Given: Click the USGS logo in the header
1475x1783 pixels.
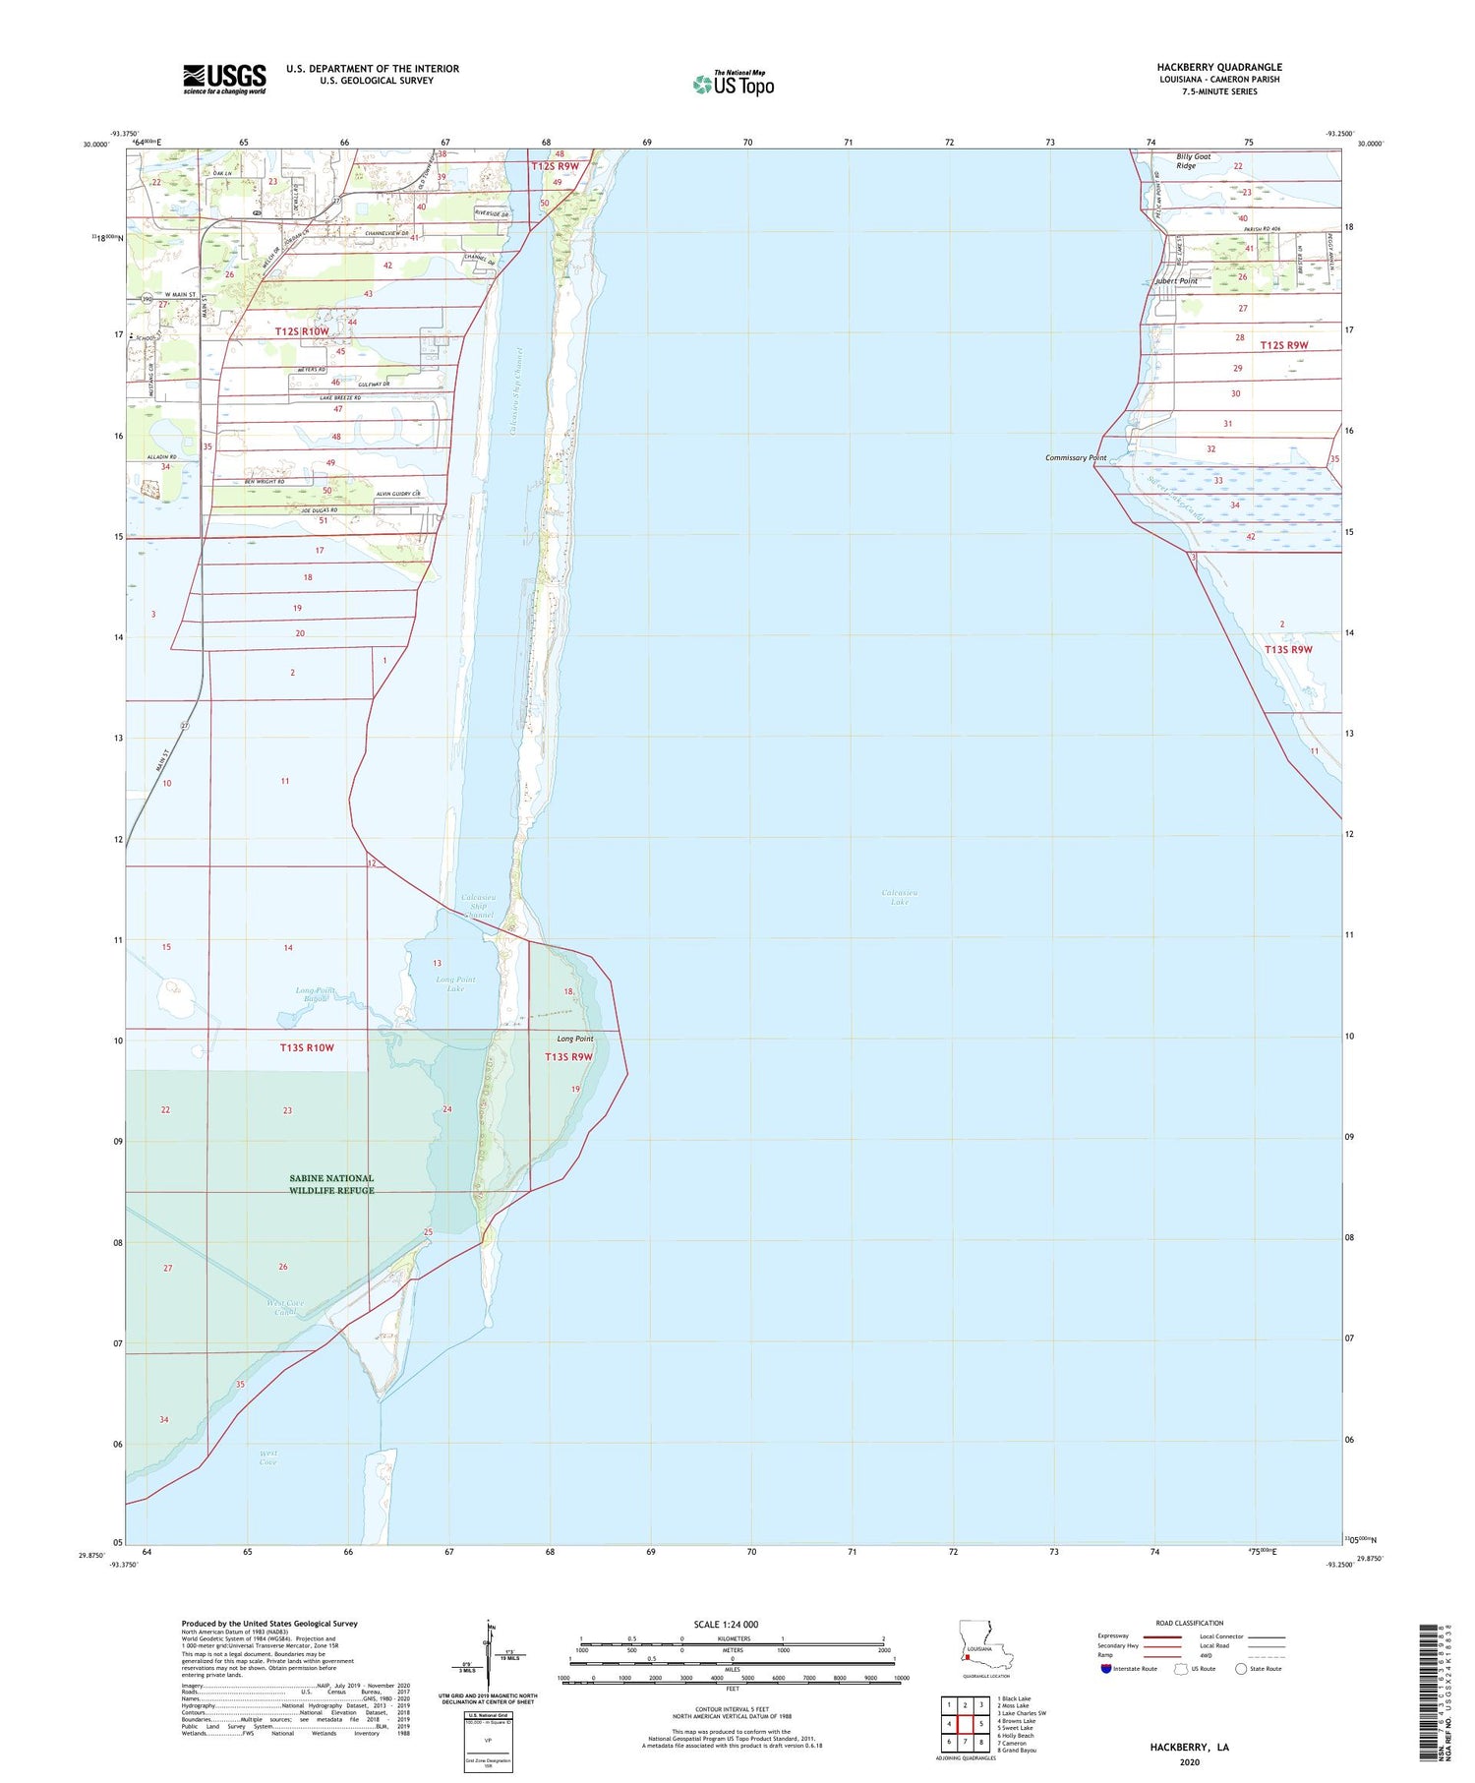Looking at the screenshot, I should click(x=224, y=79).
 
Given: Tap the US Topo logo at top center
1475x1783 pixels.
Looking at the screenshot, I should click(x=734, y=84).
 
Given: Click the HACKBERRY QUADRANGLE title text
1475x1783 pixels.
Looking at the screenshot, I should click(x=1218, y=67).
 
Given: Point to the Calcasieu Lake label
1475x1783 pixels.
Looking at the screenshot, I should click(x=900, y=896).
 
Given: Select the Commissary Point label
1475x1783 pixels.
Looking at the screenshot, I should click(x=1075, y=458).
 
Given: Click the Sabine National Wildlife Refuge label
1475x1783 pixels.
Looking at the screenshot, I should click(x=331, y=1184).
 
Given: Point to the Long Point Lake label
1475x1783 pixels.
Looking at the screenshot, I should click(x=455, y=983).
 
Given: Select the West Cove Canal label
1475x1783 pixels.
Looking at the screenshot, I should click(x=285, y=1307).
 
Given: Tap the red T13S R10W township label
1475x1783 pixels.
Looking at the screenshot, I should click(x=307, y=1047).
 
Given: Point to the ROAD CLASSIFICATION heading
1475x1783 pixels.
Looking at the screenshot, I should click(x=1189, y=1624).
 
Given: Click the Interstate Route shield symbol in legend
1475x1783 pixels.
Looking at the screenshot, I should click(x=1106, y=1668).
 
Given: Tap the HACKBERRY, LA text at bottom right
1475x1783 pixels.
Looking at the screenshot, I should click(x=1189, y=1748).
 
